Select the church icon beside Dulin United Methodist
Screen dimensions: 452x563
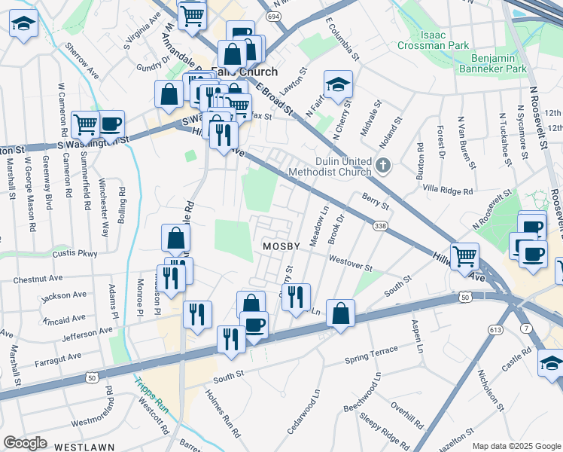[x=383, y=165]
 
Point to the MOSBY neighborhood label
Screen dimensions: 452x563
[x=281, y=246]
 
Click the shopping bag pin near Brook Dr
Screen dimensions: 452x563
[x=340, y=313]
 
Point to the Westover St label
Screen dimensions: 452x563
[x=350, y=264]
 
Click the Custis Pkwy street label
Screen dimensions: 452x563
[x=75, y=254]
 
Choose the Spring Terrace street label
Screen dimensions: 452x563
[x=371, y=354]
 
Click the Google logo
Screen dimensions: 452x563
[x=26, y=443]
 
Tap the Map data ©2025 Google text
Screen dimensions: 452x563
[x=516, y=446]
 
